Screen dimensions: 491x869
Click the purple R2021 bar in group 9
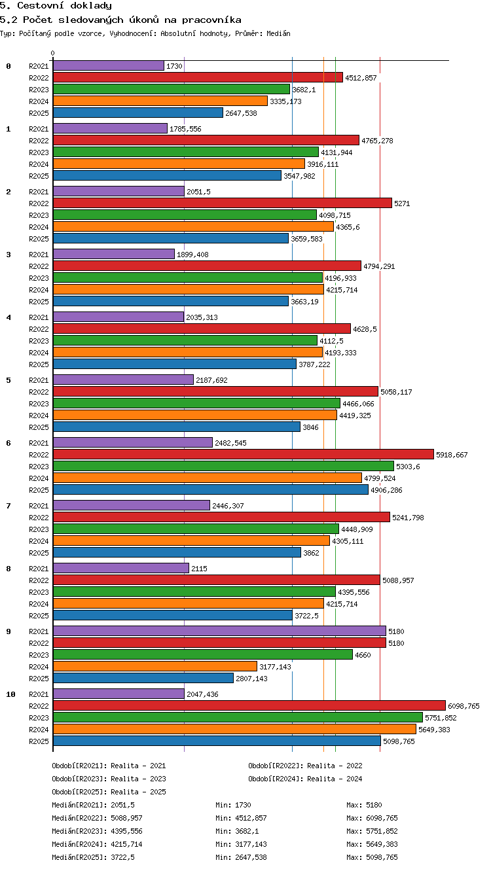click(220, 631)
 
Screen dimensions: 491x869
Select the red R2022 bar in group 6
click(244, 454)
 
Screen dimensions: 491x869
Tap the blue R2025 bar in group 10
click(217, 741)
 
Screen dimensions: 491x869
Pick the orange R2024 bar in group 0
click(160, 101)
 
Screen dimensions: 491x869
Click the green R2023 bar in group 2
click(185, 215)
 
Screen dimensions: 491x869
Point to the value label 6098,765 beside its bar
click(464, 706)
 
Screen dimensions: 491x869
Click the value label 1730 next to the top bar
click(174, 66)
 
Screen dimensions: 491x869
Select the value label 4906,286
click(386, 490)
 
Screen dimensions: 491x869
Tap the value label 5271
click(402, 204)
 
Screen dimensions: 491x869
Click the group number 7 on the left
click(9, 506)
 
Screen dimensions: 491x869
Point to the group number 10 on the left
click(10, 694)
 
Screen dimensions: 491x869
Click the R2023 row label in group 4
click(39, 341)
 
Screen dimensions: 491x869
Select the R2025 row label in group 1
click(39, 176)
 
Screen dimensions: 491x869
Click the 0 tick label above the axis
click(53, 53)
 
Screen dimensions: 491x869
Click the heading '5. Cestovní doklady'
click(56, 6)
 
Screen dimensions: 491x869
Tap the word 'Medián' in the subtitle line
click(278, 34)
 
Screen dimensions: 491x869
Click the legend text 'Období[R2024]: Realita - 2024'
click(305, 779)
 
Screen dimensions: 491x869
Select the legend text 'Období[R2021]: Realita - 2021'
click(109, 766)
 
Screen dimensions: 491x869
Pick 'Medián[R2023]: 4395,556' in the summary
click(97, 831)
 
